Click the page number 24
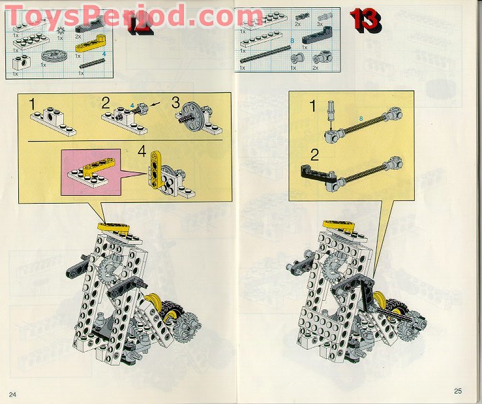pos(12,394)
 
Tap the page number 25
pos(458,391)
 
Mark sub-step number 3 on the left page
pos(174,102)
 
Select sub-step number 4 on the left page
pos(142,153)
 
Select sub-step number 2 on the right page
pos(314,155)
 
